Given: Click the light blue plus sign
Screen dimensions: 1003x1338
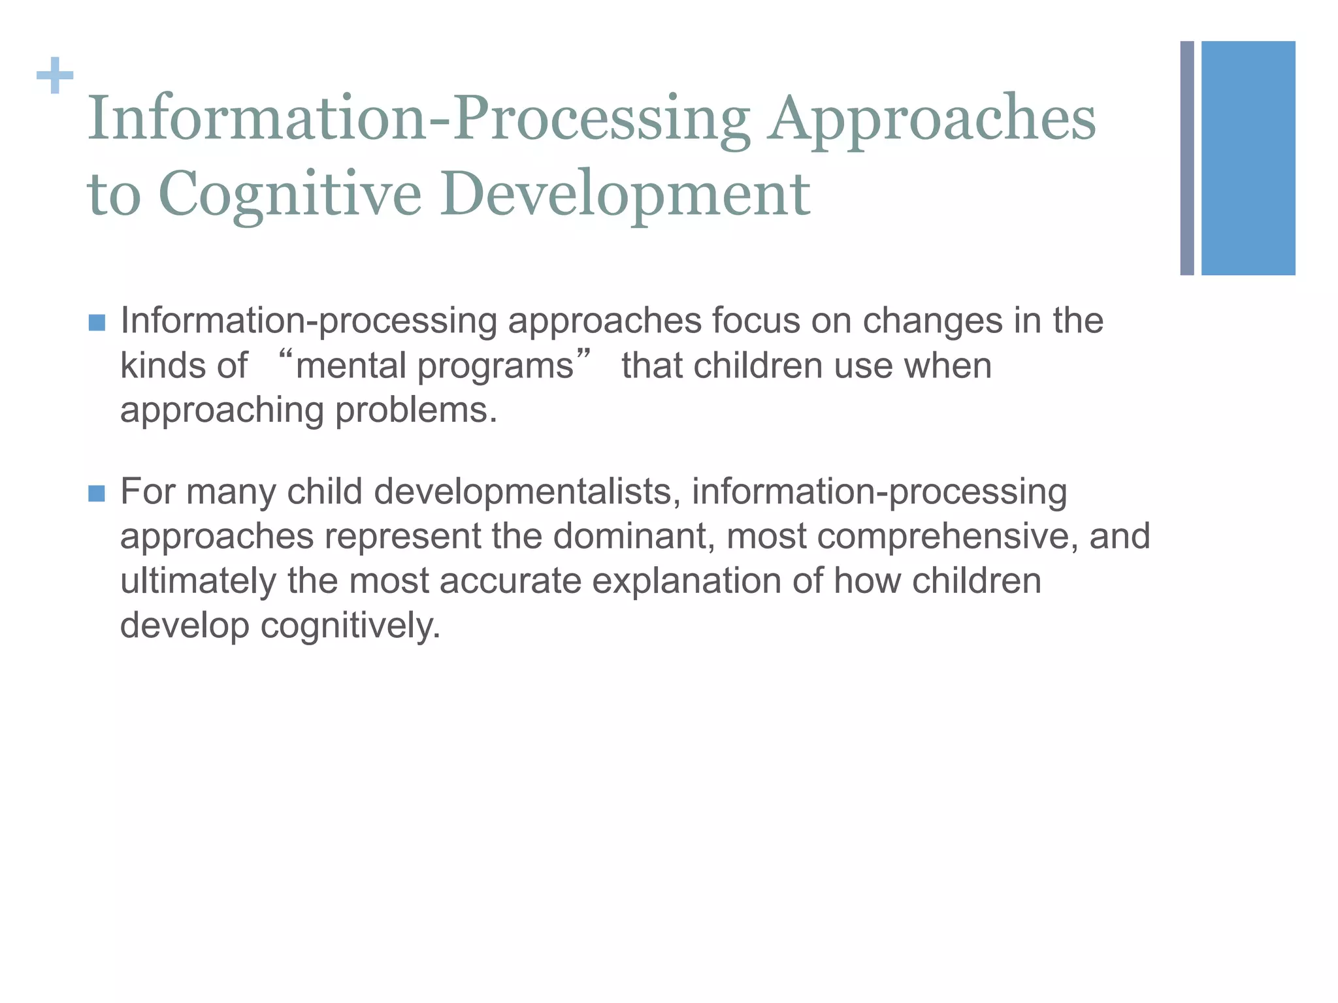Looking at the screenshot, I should (55, 76).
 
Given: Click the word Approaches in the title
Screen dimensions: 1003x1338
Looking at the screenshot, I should (931, 119).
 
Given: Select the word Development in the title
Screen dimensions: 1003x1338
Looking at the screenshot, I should (625, 194).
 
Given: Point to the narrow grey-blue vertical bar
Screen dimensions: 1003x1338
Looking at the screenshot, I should (1187, 158).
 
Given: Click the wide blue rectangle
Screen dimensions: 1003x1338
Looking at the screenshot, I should (1248, 158).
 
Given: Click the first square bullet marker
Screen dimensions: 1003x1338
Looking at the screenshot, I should (97, 323).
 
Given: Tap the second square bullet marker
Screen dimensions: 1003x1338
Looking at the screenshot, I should (97, 494).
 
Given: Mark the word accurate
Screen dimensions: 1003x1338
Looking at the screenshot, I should (510, 581).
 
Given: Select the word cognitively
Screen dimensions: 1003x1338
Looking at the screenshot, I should (350, 626).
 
